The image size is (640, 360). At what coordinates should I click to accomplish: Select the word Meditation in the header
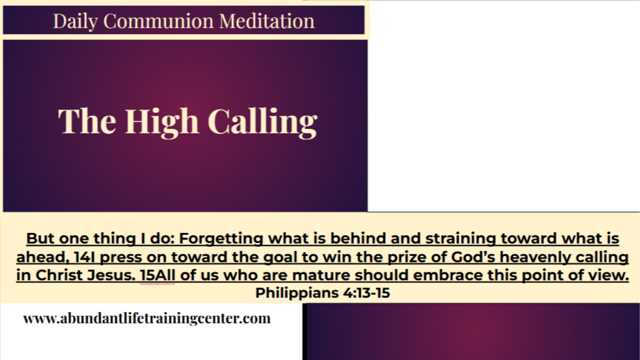267,21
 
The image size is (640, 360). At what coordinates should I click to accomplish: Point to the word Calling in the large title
262,121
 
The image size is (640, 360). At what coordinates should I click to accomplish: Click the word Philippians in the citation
297,293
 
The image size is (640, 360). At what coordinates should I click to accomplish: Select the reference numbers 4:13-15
366,293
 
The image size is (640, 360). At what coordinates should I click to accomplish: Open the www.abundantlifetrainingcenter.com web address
146,318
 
